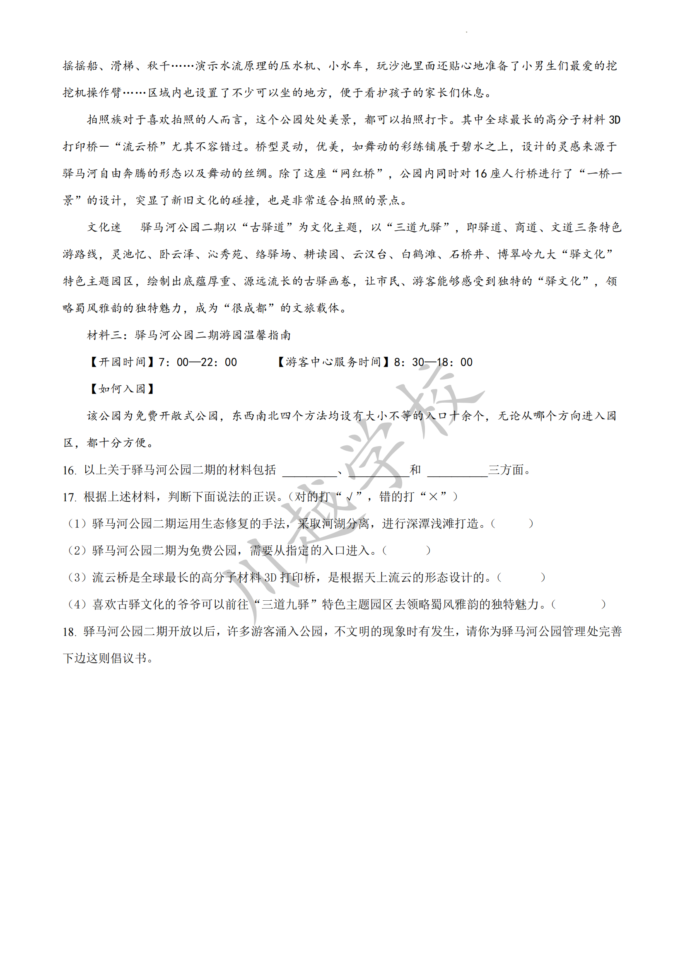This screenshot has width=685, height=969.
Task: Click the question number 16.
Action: click(x=69, y=470)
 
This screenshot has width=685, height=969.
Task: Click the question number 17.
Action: click(x=69, y=497)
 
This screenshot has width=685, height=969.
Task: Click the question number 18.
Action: click(x=69, y=632)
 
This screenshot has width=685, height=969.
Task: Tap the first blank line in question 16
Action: click(x=309, y=471)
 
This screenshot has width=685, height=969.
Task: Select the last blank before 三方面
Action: click(x=457, y=471)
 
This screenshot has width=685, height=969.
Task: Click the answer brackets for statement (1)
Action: click(x=512, y=524)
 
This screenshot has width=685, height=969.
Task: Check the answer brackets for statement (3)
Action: click(x=521, y=578)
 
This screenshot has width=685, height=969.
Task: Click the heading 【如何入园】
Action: click(x=122, y=389)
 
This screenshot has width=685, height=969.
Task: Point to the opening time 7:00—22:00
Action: click(x=198, y=362)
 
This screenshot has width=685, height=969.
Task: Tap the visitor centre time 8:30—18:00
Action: click(x=433, y=362)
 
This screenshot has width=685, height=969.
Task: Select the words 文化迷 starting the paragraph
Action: click(x=104, y=227)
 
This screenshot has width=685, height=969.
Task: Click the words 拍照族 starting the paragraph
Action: click(x=104, y=120)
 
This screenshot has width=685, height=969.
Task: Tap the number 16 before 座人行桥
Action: click(x=480, y=174)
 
